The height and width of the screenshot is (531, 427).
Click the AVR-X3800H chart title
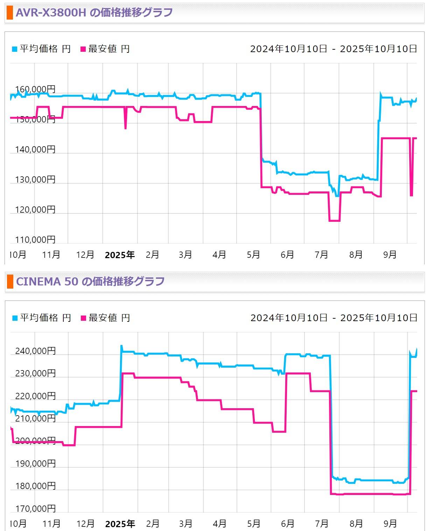[94, 13]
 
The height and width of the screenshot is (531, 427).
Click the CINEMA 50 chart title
[90, 282]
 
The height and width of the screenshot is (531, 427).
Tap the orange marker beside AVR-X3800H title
[10, 13]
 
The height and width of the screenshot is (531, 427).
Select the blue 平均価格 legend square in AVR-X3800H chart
[14, 49]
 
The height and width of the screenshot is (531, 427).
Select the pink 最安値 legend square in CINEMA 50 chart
[83, 318]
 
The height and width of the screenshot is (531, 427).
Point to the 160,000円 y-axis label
[35, 89]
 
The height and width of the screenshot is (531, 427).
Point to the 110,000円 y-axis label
[35, 240]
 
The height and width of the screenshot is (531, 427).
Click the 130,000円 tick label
[35, 179]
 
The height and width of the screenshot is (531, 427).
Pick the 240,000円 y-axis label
[35, 351]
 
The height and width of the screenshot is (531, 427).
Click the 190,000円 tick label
[35, 463]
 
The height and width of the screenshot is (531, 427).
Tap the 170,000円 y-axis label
[35, 508]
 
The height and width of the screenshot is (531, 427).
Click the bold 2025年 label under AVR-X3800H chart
[120, 255]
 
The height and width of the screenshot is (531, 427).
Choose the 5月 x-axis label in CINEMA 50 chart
[253, 524]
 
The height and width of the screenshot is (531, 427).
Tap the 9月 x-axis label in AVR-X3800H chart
[390, 255]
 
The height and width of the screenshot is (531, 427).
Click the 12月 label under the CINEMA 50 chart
[85, 524]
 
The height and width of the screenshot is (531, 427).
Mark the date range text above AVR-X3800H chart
[334, 49]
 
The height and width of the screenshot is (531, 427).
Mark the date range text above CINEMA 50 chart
[334, 318]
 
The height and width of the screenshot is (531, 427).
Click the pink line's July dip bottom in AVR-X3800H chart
[334, 221]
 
